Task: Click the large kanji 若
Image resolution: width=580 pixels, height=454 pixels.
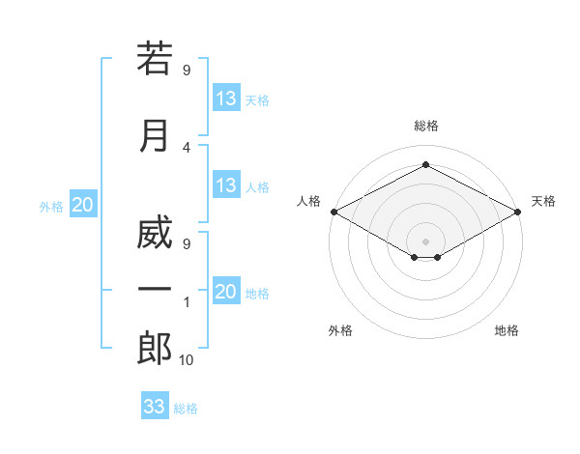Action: [155, 58]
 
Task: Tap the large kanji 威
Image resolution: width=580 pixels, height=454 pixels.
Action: [155, 232]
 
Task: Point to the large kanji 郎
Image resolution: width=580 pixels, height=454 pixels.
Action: [155, 348]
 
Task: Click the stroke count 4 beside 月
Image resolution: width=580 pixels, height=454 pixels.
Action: [187, 148]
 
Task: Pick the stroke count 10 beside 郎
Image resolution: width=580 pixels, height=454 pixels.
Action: [186, 360]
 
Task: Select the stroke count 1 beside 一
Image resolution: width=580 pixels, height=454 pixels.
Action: [187, 302]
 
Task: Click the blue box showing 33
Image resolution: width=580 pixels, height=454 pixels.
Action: [155, 405]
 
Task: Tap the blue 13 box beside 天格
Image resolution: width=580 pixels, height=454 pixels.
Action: [227, 98]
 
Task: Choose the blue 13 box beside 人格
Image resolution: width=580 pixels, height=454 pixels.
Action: [227, 184]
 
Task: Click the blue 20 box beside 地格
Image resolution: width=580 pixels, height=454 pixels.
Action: [227, 290]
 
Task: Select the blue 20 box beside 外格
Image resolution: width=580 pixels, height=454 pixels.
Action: [83, 204]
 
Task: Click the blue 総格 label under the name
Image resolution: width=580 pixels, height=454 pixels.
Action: [186, 409]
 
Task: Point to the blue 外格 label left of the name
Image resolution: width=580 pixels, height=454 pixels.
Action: [51, 207]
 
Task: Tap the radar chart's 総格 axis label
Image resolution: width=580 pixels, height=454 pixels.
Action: [426, 126]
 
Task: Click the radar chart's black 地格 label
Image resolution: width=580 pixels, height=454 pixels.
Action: [507, 330]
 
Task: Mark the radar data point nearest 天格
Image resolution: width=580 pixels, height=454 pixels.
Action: [518, 212]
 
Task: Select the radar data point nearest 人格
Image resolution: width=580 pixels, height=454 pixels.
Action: [334, 212]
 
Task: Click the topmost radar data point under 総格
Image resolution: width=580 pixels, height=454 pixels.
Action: [426, 164]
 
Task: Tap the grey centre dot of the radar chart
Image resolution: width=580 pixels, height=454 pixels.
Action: [425, 241]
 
